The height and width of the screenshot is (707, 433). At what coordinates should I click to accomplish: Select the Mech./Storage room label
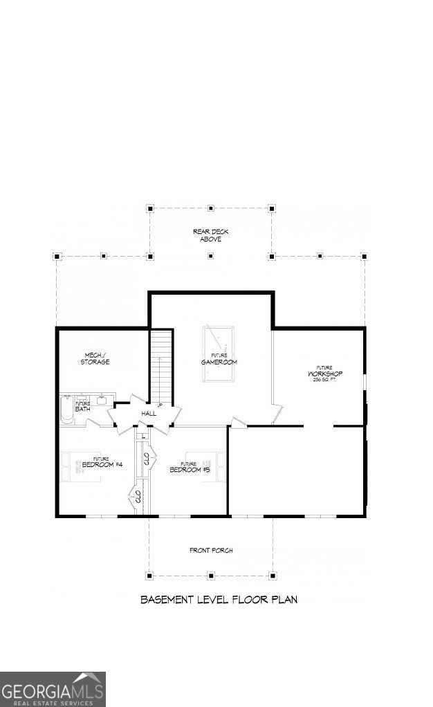tap(94, 358)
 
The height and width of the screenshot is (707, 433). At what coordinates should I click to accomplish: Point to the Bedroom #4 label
tap(102, 463)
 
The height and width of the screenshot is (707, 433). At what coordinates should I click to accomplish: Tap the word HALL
tap(149, 413)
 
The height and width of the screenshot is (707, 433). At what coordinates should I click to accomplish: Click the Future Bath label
tap(82, 407)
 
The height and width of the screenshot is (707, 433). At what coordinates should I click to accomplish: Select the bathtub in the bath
tap(66, 409)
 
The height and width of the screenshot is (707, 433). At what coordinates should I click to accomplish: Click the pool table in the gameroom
tap(219, 353)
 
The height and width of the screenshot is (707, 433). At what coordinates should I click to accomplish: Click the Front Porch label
tap(211, 551)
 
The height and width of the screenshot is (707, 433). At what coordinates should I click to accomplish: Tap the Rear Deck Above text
tap(211, 235)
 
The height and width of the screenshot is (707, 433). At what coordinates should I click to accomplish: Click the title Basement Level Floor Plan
tap(219, 600)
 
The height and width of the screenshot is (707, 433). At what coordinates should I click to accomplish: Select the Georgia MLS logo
tap(53, 689)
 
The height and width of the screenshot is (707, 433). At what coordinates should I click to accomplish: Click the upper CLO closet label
tap(146, 457)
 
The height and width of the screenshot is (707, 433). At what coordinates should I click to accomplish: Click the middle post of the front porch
tap(211, 576)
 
